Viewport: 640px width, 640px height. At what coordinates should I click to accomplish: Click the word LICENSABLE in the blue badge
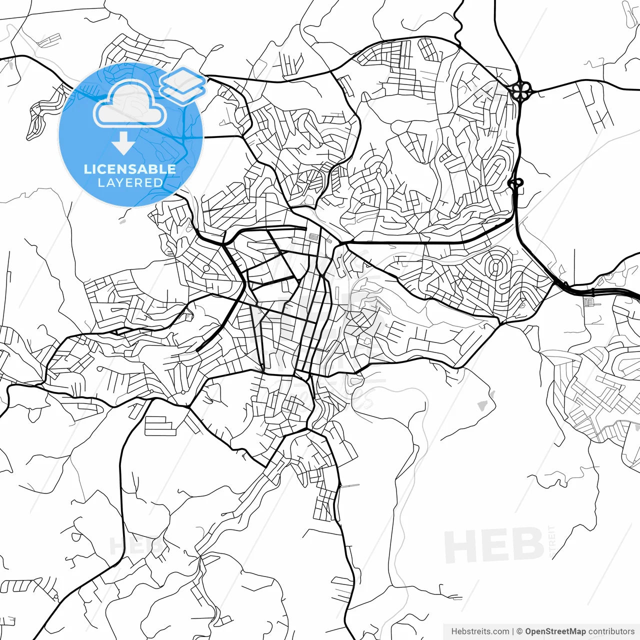pyautogui.click(x=130, y=169)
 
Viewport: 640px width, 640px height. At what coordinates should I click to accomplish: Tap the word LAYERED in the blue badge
pyautogui.click(x=130, y=182)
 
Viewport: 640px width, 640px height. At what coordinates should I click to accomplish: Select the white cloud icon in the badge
pyautogui.click(x=130, y=105)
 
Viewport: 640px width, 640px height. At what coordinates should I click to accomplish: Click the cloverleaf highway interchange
pyautogui.click(x=521, y=91)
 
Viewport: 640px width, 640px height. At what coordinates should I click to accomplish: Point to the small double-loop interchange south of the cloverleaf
pyautogui.click(x=516, y=183)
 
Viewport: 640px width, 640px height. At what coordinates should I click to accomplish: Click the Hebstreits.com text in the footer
pyautogui.click(x=480, y=631)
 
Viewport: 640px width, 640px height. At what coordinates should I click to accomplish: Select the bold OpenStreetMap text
pyautogui.click(x=555, y=631)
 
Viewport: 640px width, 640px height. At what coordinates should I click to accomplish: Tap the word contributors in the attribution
pyautogui.click(x=611, y=631)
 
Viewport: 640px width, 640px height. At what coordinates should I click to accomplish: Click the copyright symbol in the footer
pyautogui.click(x=519, y=631)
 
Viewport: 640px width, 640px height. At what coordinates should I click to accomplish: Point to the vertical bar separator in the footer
pyautogui.click(x=513, y=631)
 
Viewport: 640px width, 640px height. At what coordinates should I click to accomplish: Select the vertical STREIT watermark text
pyautogui.click(x=552, y=541)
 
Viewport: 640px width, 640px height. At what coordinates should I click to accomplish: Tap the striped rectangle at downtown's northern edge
pyautogui.click(x=313, y=238)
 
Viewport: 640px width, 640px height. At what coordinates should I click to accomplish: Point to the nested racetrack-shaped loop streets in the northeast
pyautogui.click(x=497, y=167)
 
